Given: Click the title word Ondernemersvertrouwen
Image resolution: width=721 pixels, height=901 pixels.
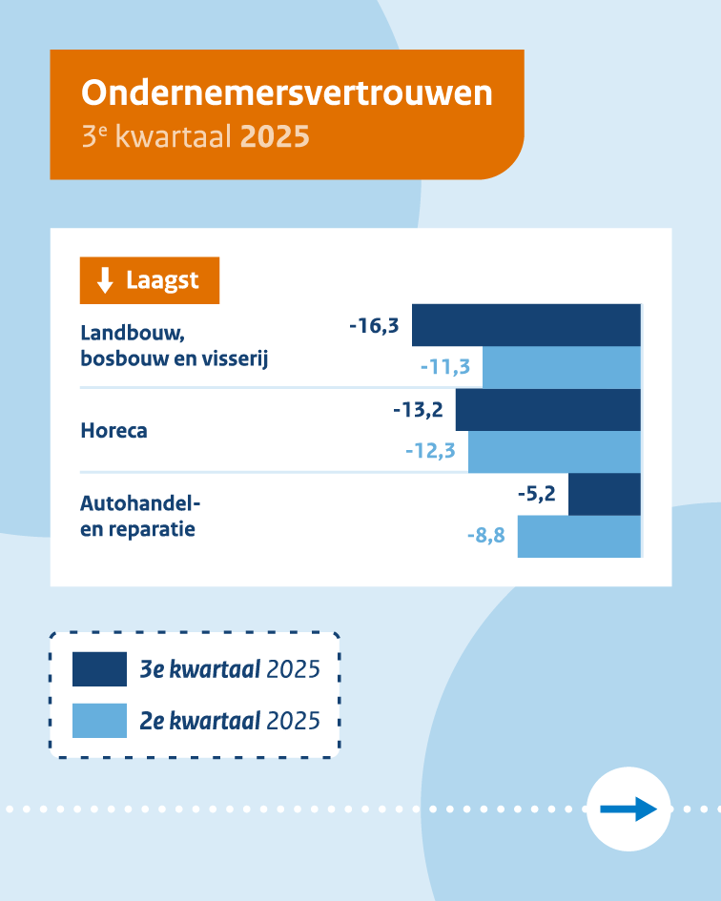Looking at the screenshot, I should coord(287,93).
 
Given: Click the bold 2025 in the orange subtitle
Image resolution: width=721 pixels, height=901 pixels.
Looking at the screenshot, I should coord(275,136).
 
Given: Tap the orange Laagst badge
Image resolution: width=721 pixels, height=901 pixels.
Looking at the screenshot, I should coord(150,280).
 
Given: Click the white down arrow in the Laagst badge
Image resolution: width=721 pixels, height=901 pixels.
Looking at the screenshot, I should coord(106,280).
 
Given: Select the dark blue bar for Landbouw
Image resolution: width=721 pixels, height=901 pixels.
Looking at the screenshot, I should coord(525,325).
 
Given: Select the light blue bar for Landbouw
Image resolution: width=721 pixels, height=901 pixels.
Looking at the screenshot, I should coord(561,367).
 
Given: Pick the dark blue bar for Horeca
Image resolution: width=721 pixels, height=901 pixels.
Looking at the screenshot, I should coord(547,410).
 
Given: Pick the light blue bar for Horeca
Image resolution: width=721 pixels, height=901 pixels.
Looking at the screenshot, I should coord(554,452).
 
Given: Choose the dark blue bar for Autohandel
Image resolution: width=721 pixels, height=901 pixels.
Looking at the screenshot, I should coord(604,494).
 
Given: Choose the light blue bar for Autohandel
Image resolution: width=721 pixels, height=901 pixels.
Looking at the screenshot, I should coord(578,537).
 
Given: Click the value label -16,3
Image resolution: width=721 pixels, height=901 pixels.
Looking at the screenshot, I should coord(374,326).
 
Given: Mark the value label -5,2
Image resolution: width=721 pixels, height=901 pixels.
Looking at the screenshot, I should coord(536,494).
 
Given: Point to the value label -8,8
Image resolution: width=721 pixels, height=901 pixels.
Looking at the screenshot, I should coord(485,537).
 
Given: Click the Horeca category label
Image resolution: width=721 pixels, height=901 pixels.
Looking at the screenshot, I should coord(113,430).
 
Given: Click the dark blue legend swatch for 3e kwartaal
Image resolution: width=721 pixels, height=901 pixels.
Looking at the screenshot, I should coord(99,669).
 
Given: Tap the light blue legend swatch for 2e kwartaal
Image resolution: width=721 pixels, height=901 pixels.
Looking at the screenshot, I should coord(99,720).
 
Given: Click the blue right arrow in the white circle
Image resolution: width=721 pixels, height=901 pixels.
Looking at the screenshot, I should coord(628,809).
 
